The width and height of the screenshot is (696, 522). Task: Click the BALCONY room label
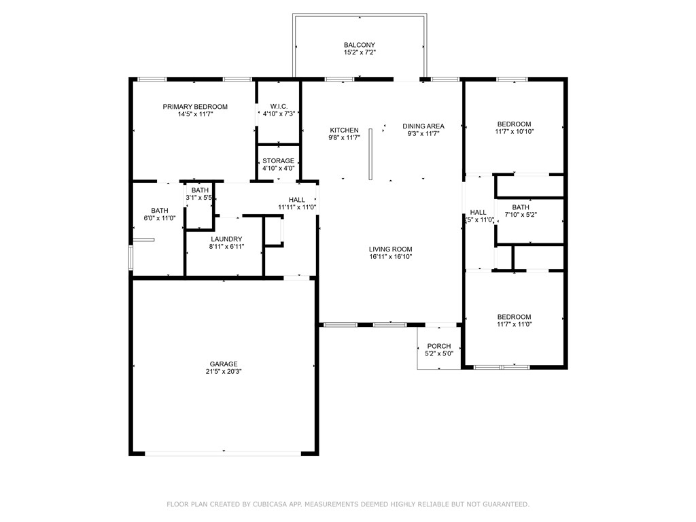(360, 45)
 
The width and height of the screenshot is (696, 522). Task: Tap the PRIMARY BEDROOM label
(195, 107)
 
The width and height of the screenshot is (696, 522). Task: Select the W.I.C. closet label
(279, 107)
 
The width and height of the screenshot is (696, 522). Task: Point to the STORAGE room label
(278, 160)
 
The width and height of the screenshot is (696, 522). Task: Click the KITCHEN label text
(344, 130)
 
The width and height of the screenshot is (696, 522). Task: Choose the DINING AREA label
(423, 126)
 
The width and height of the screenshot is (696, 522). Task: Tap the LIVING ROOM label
(391, 249)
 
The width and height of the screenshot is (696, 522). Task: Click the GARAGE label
(224, 364)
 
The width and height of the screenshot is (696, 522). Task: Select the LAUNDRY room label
(226, 239)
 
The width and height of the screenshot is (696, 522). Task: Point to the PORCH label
(439, 346)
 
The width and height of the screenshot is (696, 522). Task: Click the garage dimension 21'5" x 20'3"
(224, 372)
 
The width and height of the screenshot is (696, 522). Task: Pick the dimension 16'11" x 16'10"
(391, 256)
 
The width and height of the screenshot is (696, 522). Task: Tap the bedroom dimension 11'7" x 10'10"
(515, 131)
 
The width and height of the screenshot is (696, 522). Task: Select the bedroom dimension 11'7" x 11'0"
(515, 324)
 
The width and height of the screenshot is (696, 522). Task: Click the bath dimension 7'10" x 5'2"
(521, 214)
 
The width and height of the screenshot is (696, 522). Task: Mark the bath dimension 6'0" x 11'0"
(160, 218)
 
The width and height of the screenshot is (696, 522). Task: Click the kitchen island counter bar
(370, 154)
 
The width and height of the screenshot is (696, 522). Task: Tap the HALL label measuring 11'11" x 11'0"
(297, 200)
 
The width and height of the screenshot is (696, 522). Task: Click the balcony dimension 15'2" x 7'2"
(360, 52)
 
